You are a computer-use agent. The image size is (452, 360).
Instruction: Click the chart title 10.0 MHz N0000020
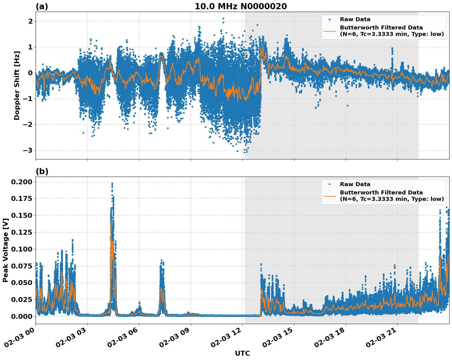241,6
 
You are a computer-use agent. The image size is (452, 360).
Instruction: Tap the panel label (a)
42,6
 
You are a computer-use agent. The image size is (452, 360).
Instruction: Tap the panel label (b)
42,171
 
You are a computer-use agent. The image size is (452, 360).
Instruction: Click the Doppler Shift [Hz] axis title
17,86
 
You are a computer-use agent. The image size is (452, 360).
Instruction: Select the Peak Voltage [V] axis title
5,250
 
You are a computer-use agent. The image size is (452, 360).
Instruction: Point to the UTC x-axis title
242,353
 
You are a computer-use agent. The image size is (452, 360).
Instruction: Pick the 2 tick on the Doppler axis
30,21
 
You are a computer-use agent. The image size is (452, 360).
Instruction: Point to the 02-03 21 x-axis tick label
383,337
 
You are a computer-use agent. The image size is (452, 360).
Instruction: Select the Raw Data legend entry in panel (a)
355,19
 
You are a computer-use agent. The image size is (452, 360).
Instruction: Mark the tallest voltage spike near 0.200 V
112,184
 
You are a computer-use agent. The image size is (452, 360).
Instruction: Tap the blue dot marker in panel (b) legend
329,184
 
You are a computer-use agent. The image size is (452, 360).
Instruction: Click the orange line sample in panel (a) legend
329,31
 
